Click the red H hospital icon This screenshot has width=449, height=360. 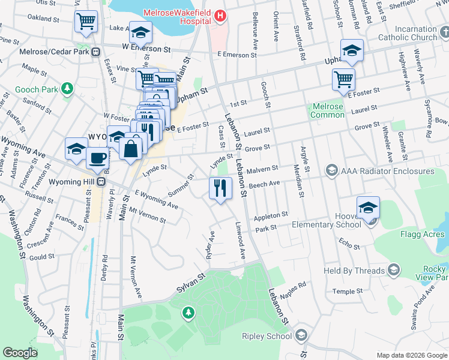[x=221, y=16]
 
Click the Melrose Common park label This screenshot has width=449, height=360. [x=328, y=111]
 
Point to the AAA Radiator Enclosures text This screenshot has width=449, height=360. [x=387, y=172]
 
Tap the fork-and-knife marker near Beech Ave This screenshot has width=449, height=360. [x=220, y=188]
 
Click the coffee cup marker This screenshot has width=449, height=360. [x=97, y=158]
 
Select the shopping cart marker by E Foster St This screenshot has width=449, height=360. [x=343, y=79]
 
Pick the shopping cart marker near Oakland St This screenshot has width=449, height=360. [x=86, y=22]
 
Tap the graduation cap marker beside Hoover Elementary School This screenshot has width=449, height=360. [x=368, y=208]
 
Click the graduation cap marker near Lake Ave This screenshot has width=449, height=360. [x=140, y=32]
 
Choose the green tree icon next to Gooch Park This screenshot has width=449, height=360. [x=68, y=89]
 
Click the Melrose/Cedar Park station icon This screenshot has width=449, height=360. [x=96, y=52]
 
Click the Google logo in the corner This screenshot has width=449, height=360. [x=20, y=353]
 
